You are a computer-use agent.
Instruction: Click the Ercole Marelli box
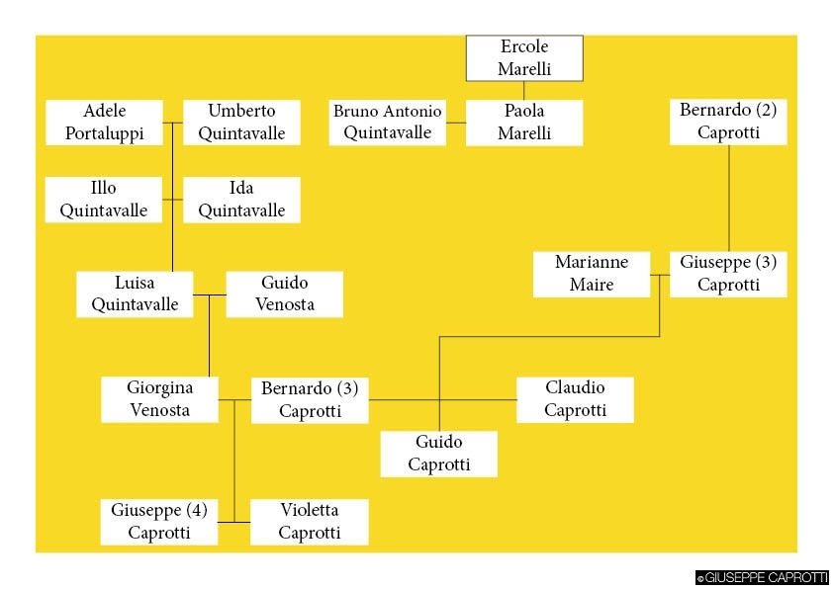click(x=524, y=58)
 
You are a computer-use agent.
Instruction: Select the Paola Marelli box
click(x=524, y=123)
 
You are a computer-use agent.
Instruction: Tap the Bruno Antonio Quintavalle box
click(x=387, y=123)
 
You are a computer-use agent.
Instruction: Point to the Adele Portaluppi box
click(x=104, y=123)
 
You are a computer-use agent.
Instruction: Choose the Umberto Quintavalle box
click(x=241, y=123)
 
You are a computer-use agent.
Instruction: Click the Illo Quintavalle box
click(x=104, y=200)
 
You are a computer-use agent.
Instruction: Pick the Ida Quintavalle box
click(x=241, y=200)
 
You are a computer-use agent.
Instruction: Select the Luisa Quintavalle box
click(x=135, y=294)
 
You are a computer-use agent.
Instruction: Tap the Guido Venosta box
click(x=285, y=294)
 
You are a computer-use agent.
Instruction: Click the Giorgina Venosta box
click(x=159, y=399)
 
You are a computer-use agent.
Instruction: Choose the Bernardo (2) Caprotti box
click(x=728, y=122)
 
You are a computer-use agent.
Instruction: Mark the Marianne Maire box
click(x=592, y=274)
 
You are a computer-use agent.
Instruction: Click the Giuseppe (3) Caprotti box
click(x=728, y=274)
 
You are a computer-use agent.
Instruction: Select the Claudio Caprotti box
click(x=575, y=399)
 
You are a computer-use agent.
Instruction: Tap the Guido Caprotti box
click(x=438, y=454)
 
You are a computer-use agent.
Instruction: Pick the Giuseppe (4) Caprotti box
click(x=159, y=522)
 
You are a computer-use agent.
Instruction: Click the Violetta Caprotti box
click(x=309, y=522)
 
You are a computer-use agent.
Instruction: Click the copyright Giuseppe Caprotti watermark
click(x=762, y=578)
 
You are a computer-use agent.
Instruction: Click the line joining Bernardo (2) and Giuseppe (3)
click(x=729, y=198)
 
